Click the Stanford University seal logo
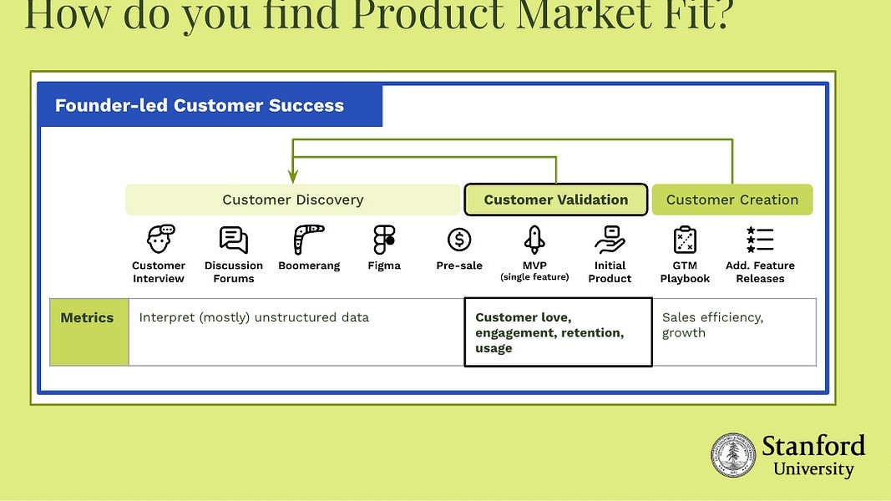point(733,456)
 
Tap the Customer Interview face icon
point(159,240)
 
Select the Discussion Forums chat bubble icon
point(234,240)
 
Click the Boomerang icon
point(309,240)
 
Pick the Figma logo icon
point(384,240)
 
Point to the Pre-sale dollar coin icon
point(459,240)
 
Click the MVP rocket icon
point(534,240)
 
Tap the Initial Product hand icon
point(610,240)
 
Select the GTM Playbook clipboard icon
point(685,240)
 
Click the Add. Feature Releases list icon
point(760,240)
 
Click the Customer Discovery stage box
point(293,200)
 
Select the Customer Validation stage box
point(556,200)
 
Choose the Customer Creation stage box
point(732,200)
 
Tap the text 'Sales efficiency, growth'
point(712,325)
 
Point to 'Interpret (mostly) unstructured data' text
point(254,317)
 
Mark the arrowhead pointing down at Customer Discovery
point(293,176)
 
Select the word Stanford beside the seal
point(813,445)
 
